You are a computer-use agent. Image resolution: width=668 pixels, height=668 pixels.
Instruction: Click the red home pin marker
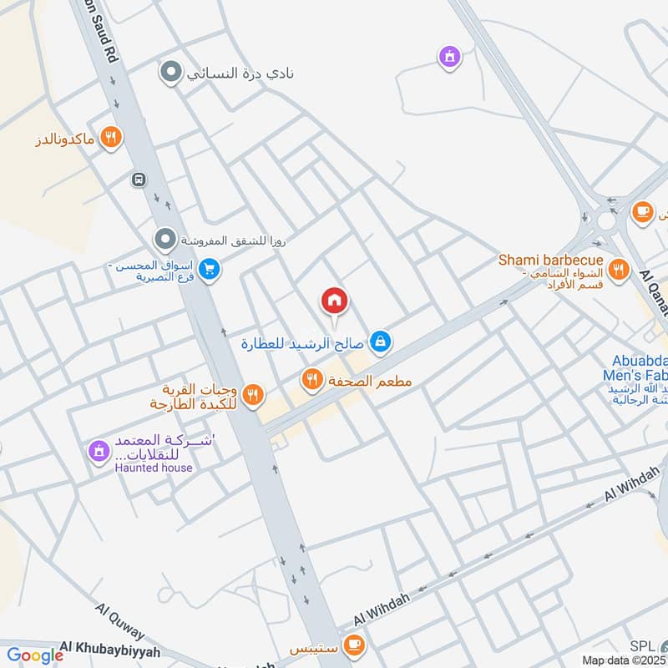click(334, 301)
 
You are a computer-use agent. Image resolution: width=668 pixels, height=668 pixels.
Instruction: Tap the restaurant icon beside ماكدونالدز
click(110, 138)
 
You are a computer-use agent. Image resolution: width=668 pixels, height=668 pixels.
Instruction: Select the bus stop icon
click(138, 180)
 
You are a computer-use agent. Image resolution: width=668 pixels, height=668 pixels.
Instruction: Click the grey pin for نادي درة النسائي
click(170, 73)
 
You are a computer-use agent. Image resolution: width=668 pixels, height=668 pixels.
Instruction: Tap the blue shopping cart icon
click(210, 270)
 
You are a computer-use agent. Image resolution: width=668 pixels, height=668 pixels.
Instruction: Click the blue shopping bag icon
click(381, 342)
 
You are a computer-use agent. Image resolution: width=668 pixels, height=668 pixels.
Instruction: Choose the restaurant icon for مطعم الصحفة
click(312, 381)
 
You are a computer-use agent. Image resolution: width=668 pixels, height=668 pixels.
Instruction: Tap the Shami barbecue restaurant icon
click(618, 269)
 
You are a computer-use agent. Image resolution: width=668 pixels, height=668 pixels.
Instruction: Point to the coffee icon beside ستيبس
click(355, 645)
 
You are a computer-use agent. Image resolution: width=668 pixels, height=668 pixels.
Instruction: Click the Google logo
click(35, 655)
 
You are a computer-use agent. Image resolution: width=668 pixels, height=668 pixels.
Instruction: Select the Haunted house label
click(154, 468)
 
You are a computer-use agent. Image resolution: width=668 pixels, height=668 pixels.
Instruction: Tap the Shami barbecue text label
click(550, 261)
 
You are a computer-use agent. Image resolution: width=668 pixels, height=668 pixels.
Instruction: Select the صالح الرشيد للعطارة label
click(304, 342)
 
